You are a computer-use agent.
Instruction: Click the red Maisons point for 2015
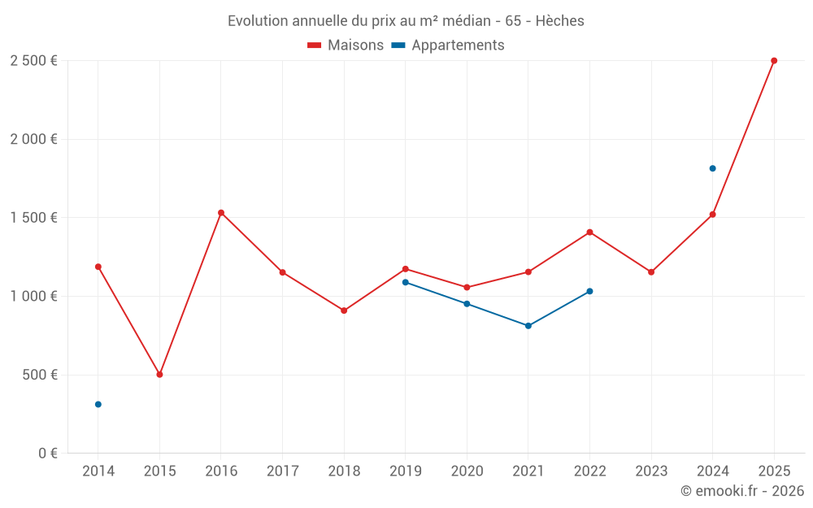pos(159,375)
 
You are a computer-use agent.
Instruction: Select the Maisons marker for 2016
pos(221,213)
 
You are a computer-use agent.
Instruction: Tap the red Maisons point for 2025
pos(774,61)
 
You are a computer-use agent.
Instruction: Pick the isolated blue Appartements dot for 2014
pos(98,404)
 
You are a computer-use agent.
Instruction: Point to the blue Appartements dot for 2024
pos(712,168)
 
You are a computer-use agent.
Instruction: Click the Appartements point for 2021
pos(528,326)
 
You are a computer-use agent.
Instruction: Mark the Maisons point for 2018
pos(344,310)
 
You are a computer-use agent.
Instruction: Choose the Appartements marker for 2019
pos(406,282)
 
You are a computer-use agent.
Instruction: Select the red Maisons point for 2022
pos(589,232)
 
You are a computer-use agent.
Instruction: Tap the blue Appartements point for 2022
pos(589,291)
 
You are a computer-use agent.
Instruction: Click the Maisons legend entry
pos(346,46)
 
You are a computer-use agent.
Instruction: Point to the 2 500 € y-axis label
pos(33,61)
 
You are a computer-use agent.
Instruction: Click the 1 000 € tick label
pos(33,297)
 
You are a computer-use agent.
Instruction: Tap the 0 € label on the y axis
pos(47,454)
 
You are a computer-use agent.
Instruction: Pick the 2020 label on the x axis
pos(467,471)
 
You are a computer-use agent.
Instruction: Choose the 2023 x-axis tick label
pos(651,471)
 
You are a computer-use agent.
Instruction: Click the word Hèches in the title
pos(560,21)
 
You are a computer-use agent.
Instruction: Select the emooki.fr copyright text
pos(742,491)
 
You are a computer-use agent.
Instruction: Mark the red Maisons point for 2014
pos(98,267)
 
